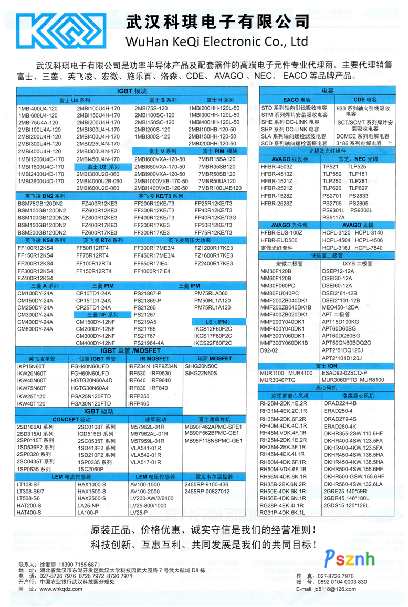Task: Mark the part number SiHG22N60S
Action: [201, 373]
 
